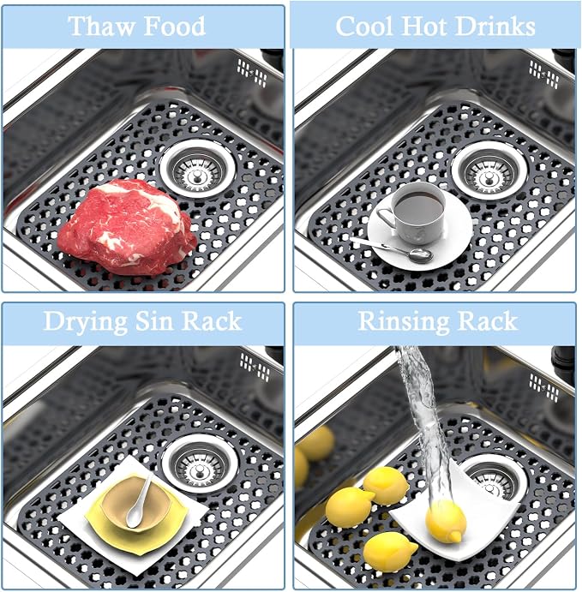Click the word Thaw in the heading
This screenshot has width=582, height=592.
coord(102,26)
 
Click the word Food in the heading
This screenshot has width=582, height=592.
coord(175,26)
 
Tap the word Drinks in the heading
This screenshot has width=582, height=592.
coord(495,27)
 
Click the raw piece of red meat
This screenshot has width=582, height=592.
coord(127,226)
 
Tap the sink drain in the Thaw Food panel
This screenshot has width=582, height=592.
coord(197,168)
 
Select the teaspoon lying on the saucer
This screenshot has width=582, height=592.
coord(393,249)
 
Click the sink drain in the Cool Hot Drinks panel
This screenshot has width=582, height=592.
coord(489,170)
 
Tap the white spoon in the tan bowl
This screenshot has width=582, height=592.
coord(138,502)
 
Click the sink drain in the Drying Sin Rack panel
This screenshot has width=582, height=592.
coord(200,463)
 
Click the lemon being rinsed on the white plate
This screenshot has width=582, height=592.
coord(446,521)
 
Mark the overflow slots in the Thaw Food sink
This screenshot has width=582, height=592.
coord(252,73)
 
